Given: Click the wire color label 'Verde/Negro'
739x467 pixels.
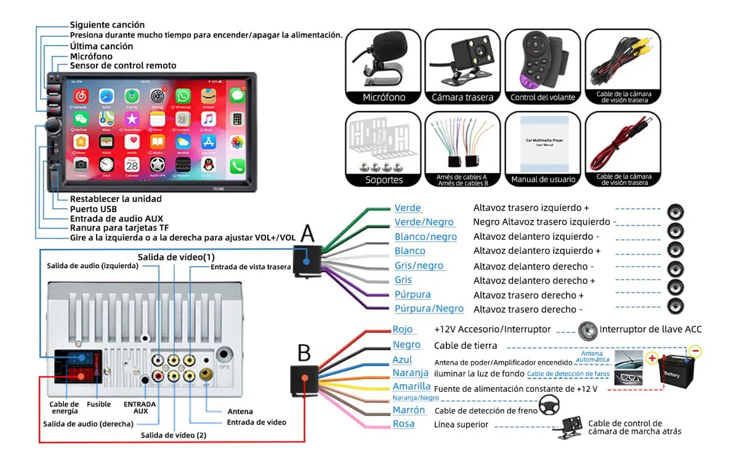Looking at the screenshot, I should [x=424, y=222].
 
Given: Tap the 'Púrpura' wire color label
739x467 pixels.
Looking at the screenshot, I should [x=413, y=294].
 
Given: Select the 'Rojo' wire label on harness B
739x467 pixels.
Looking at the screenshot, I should [x=403, y=330].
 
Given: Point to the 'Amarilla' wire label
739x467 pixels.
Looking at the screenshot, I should [x=411, y=386].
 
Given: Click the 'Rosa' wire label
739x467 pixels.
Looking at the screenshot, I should [x=403, y=424].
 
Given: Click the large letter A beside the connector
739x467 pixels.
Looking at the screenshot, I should [x=307, y=234].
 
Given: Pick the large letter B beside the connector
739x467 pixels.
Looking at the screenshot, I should [x=304, y=353].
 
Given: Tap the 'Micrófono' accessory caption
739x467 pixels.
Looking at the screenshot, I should [x=384, y=97].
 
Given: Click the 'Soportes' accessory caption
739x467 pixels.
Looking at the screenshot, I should [x=384, y=180].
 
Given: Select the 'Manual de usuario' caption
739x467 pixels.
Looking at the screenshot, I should [x=543, y=180].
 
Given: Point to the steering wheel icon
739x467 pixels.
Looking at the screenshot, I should [x=549, y=405].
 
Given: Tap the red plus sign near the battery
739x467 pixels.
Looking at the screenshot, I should [x=652, y=358].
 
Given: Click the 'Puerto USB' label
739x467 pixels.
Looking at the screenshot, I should [x=93, y=209].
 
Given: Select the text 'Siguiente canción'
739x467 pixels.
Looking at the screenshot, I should [x=107, y=25].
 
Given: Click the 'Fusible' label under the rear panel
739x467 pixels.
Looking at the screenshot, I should [x=99, y=404].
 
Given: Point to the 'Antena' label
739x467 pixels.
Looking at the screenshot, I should [x=240, y=412].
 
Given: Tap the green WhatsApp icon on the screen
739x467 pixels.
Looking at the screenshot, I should [x=184, y=96].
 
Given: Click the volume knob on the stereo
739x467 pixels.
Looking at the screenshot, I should [x=52, y=127].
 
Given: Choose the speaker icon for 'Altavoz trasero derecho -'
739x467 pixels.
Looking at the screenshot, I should [x=676, y=306].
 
